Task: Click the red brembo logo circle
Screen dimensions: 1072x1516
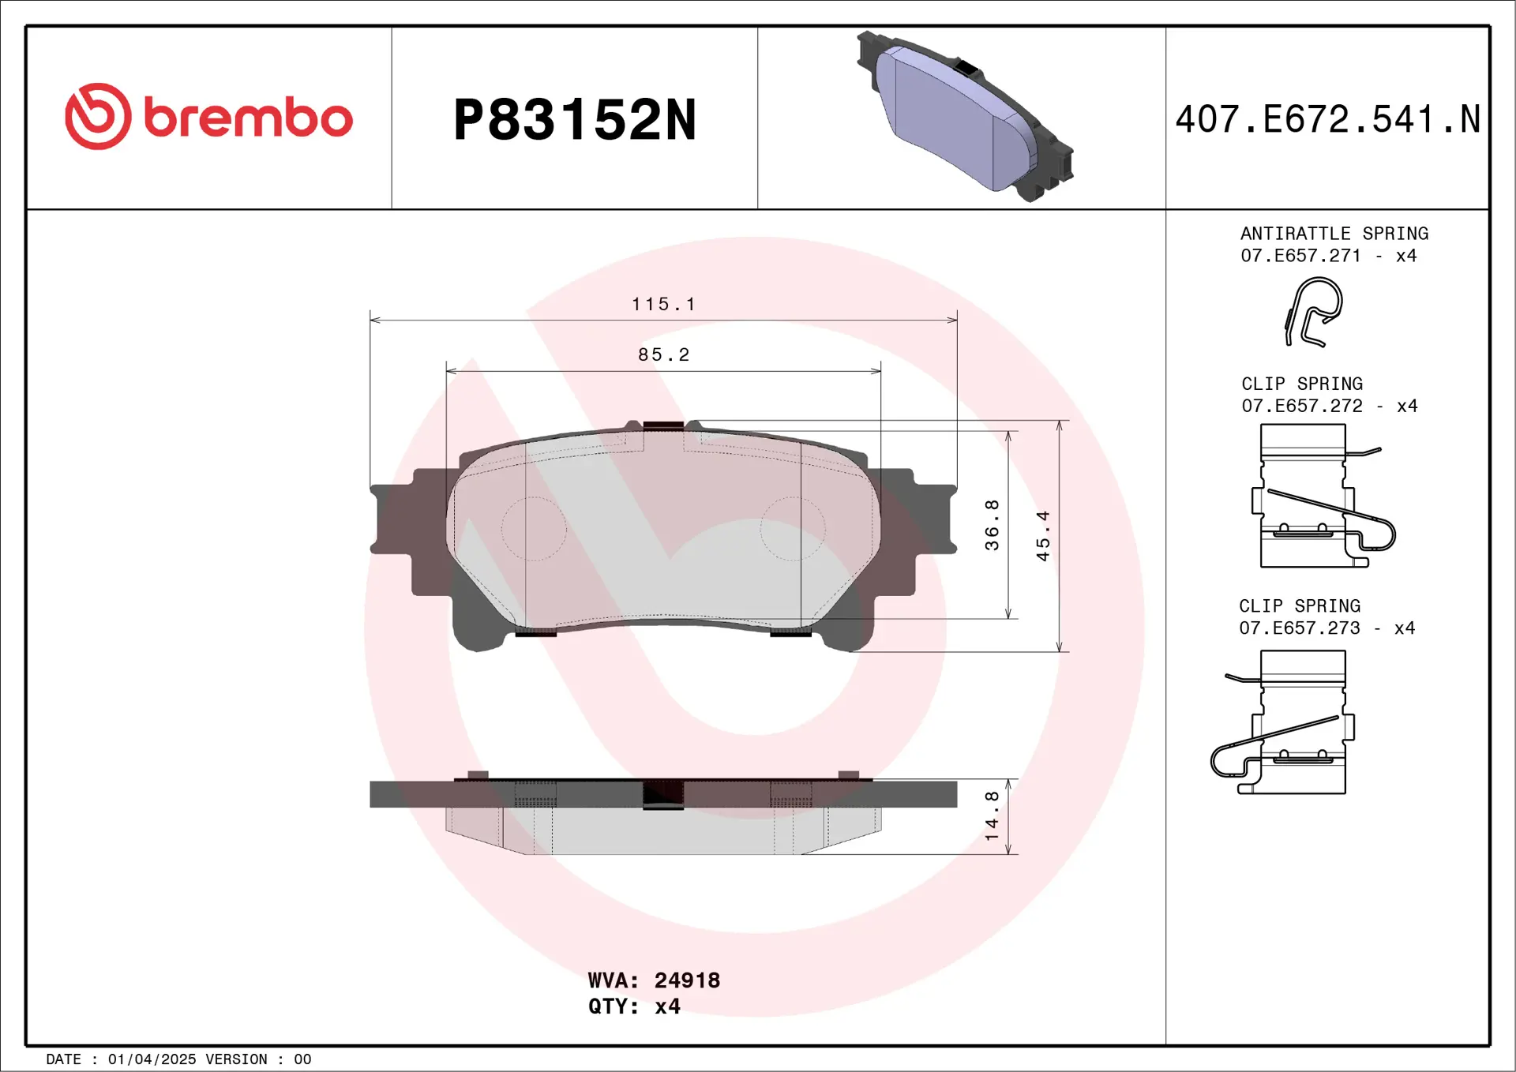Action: point(98,117)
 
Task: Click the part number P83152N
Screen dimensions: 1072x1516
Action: point(574,120)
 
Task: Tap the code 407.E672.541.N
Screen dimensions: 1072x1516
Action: point(1327,119)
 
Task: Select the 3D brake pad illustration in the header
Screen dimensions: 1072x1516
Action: point(964,117)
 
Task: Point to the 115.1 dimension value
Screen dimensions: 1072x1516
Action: point(663,304)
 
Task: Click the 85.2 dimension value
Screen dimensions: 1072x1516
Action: point(663,354)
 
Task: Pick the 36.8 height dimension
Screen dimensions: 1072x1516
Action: point(992,525)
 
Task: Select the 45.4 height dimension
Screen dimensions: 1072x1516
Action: point(1043,536)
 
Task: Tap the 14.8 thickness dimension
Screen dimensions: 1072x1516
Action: point(992,815)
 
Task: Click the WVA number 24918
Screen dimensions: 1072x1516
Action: point(687,980)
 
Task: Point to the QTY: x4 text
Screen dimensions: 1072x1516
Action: point(634,1006)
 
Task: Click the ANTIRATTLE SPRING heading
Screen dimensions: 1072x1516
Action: point(1334,234)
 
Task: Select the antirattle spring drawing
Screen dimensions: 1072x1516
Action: point(1313,312)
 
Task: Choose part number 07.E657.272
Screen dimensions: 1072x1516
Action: point(1301,406)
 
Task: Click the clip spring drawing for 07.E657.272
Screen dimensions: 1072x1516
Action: point(1315,496)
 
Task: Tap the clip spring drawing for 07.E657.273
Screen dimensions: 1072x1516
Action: point(1287,722)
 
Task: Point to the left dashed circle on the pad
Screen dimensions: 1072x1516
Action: point(534,529)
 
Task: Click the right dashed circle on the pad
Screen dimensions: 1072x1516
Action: point(793,529)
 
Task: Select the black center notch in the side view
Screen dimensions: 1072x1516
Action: point(663,794)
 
